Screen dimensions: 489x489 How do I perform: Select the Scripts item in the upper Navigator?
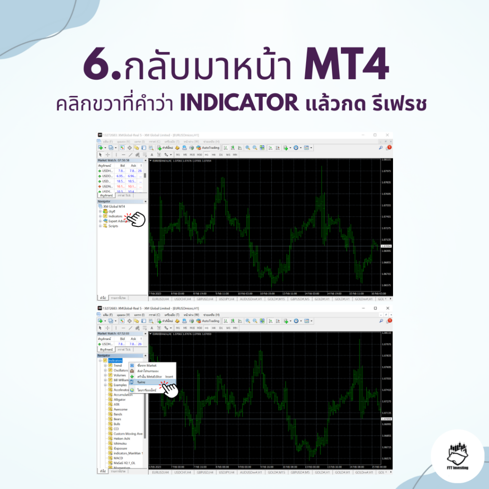[113, 226]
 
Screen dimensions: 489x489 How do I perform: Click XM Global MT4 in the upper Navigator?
[115, 206]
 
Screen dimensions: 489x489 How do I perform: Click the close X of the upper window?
[387, 135]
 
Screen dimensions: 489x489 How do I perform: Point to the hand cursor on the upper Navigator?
[138, 219]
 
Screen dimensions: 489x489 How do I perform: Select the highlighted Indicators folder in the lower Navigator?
[115, 360]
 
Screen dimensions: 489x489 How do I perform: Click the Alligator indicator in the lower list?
[120, 399]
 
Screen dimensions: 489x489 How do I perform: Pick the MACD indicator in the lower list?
[118, 458]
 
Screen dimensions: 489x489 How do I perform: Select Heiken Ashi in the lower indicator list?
[122, 438]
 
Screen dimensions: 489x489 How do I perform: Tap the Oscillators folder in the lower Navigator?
[120, 370]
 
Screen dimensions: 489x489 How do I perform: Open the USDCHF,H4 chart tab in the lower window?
[182, 472]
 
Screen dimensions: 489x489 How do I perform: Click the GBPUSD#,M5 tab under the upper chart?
[299, 299]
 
